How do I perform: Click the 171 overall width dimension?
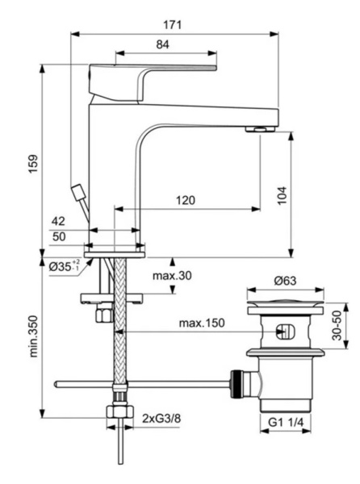pyautogui.click(x=175, y=25)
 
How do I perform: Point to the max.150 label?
pyautogui.click(x=201, y=324)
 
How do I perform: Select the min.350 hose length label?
pyautogui.click(x=26, y=347)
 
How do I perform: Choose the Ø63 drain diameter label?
pyautogui.click(x=287, y=281)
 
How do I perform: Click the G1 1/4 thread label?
pyautogui.click(x=287, y=422)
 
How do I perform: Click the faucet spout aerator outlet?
pyautogui.click(x=259, y=128)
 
